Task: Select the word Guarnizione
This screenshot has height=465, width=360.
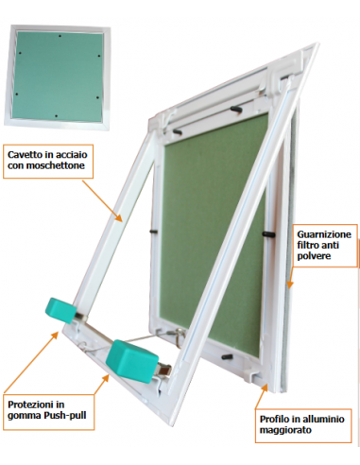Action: click(x=324, y=234)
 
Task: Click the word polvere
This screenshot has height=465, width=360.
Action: click(x=314, y=256)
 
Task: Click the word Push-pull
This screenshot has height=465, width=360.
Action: click(x=65, y=415)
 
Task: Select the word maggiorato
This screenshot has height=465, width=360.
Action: click(x=285, y=430)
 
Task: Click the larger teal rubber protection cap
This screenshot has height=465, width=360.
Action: click(x=131, y=360)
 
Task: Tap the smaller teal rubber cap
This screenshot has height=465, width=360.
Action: click(x=60, y=310)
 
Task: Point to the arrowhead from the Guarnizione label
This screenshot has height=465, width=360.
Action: click(x=290, y=284)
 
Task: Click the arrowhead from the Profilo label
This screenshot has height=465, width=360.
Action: click(x=265, y=388)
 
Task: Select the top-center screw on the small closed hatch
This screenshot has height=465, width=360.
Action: click(x=60, y=36)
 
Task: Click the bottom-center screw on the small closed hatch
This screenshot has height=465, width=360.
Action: click(x=56, y=116)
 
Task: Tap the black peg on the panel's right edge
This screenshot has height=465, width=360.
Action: click(x=268, y=234)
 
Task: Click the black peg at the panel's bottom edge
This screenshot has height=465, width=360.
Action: click(x=228, y=357)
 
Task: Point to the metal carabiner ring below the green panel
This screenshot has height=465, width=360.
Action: click(x=180, y=336)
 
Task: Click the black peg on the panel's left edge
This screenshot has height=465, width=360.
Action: click(x=153, y=231)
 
